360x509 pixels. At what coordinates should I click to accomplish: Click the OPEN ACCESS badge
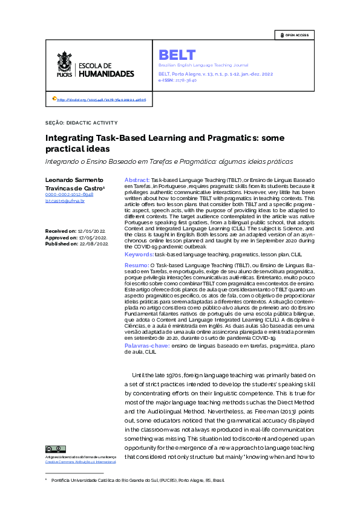pyautogui.click(x=294, y=35)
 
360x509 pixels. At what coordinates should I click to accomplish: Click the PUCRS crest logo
pyautogui.click(x=64, y=65)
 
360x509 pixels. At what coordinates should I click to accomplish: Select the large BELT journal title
pyautogui.click(x=177, y=55)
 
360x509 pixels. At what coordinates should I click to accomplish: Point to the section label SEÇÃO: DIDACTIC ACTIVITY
pyautogui.click(x=81, y=122)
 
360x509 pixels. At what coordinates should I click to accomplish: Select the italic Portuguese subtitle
pyautogui.click(x=169, y=161)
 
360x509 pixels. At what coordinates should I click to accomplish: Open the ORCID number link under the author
pyautogui.click(x=69, y=195)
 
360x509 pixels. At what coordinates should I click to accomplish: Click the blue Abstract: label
pyautogui.click(x=137, y=180)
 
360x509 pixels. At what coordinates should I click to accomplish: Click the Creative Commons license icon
pyautogui.click(x=55, y=449)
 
